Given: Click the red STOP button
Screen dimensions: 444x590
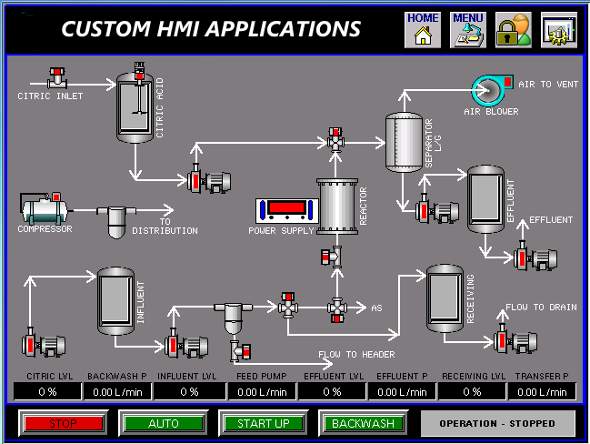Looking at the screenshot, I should coord(62,424).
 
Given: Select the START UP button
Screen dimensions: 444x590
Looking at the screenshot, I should coord(263,424).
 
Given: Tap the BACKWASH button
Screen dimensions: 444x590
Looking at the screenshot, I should coord(363,424).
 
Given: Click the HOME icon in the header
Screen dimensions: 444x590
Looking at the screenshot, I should coord(422,30).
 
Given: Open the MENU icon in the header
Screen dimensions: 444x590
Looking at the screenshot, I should coord(468,30).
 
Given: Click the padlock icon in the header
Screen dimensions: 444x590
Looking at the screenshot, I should coord(514,30).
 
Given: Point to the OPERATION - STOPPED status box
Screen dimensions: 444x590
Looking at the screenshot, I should coord(498,424).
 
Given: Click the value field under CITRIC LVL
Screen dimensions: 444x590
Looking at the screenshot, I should coord(46,392).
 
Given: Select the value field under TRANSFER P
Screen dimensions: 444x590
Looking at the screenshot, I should coord(543,392).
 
